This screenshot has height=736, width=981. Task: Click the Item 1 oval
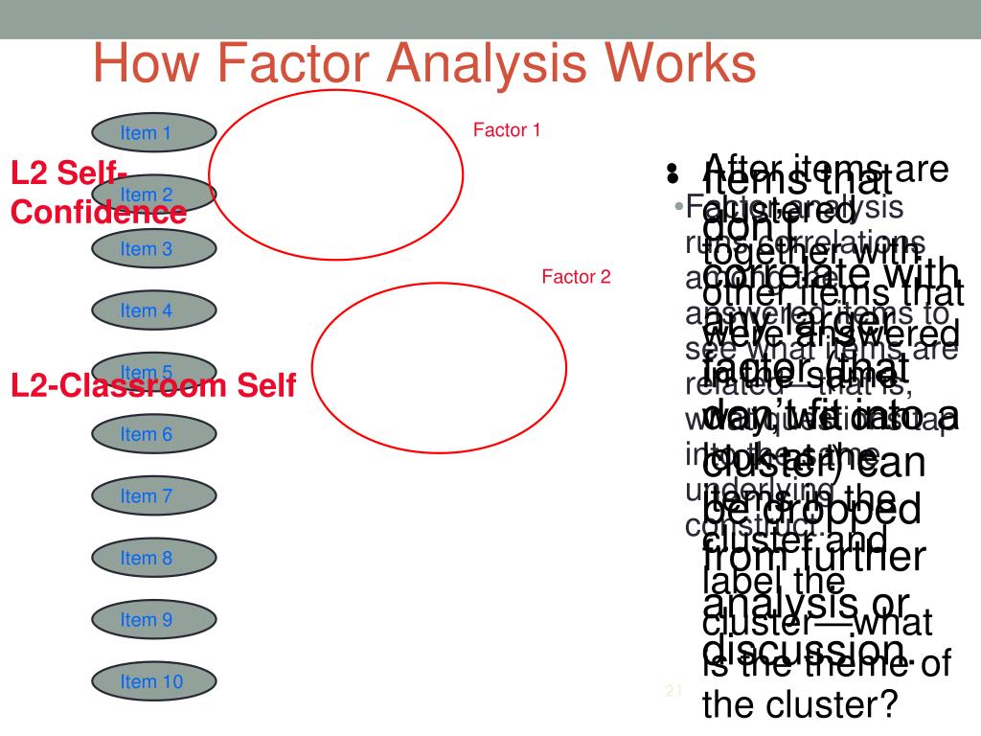tap(154, 133)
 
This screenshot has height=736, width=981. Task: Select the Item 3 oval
tap(154, 249)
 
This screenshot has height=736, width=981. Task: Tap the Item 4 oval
tap(154, 310)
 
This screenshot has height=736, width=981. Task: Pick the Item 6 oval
tap(154, 434)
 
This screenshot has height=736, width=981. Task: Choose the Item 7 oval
tap(154, 496)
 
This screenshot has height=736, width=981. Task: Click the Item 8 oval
tap(154, 558)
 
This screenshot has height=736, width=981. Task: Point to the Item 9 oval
tap(154, 620)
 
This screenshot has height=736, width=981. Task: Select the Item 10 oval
tap(154, 682)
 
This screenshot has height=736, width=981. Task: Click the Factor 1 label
tap(508, 129)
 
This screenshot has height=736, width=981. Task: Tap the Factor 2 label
tap(576, 278)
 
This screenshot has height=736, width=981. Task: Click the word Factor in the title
tap(297, 64)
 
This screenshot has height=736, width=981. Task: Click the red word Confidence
tap(98, 212)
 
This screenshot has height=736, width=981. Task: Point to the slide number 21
tap(672, 691)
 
